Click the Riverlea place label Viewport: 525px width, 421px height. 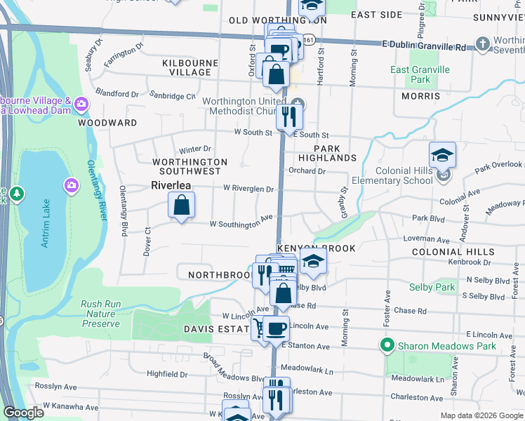pyautogui.click(x=171, y=186)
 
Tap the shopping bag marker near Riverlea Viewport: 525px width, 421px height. pyautogui.click(x=181, y=206)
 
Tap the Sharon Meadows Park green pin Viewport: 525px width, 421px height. pyautogui.click(x=386, y=345)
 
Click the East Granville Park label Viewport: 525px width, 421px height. pyautogui.click(x=420, y=74)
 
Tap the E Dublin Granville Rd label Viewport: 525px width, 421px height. pyautogui.click(x=423, y=47)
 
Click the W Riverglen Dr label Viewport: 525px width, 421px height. pyautogui.click(x=248, y=189)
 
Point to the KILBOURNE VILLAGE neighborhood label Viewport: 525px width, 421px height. pyautogui.click(x=186, y=67)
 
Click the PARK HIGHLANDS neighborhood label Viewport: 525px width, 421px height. pyautogui.click(x=328, y=154)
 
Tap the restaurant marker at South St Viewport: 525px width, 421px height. pyautogui.click(x=289, y=116)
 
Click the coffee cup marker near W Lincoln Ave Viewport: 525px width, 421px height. pyautogui.click(x=277, y=328)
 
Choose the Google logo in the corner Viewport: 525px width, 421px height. pyautogui.click(x=23, y=413)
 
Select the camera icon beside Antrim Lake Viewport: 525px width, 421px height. pyautogui.click(x=72, y=185)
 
